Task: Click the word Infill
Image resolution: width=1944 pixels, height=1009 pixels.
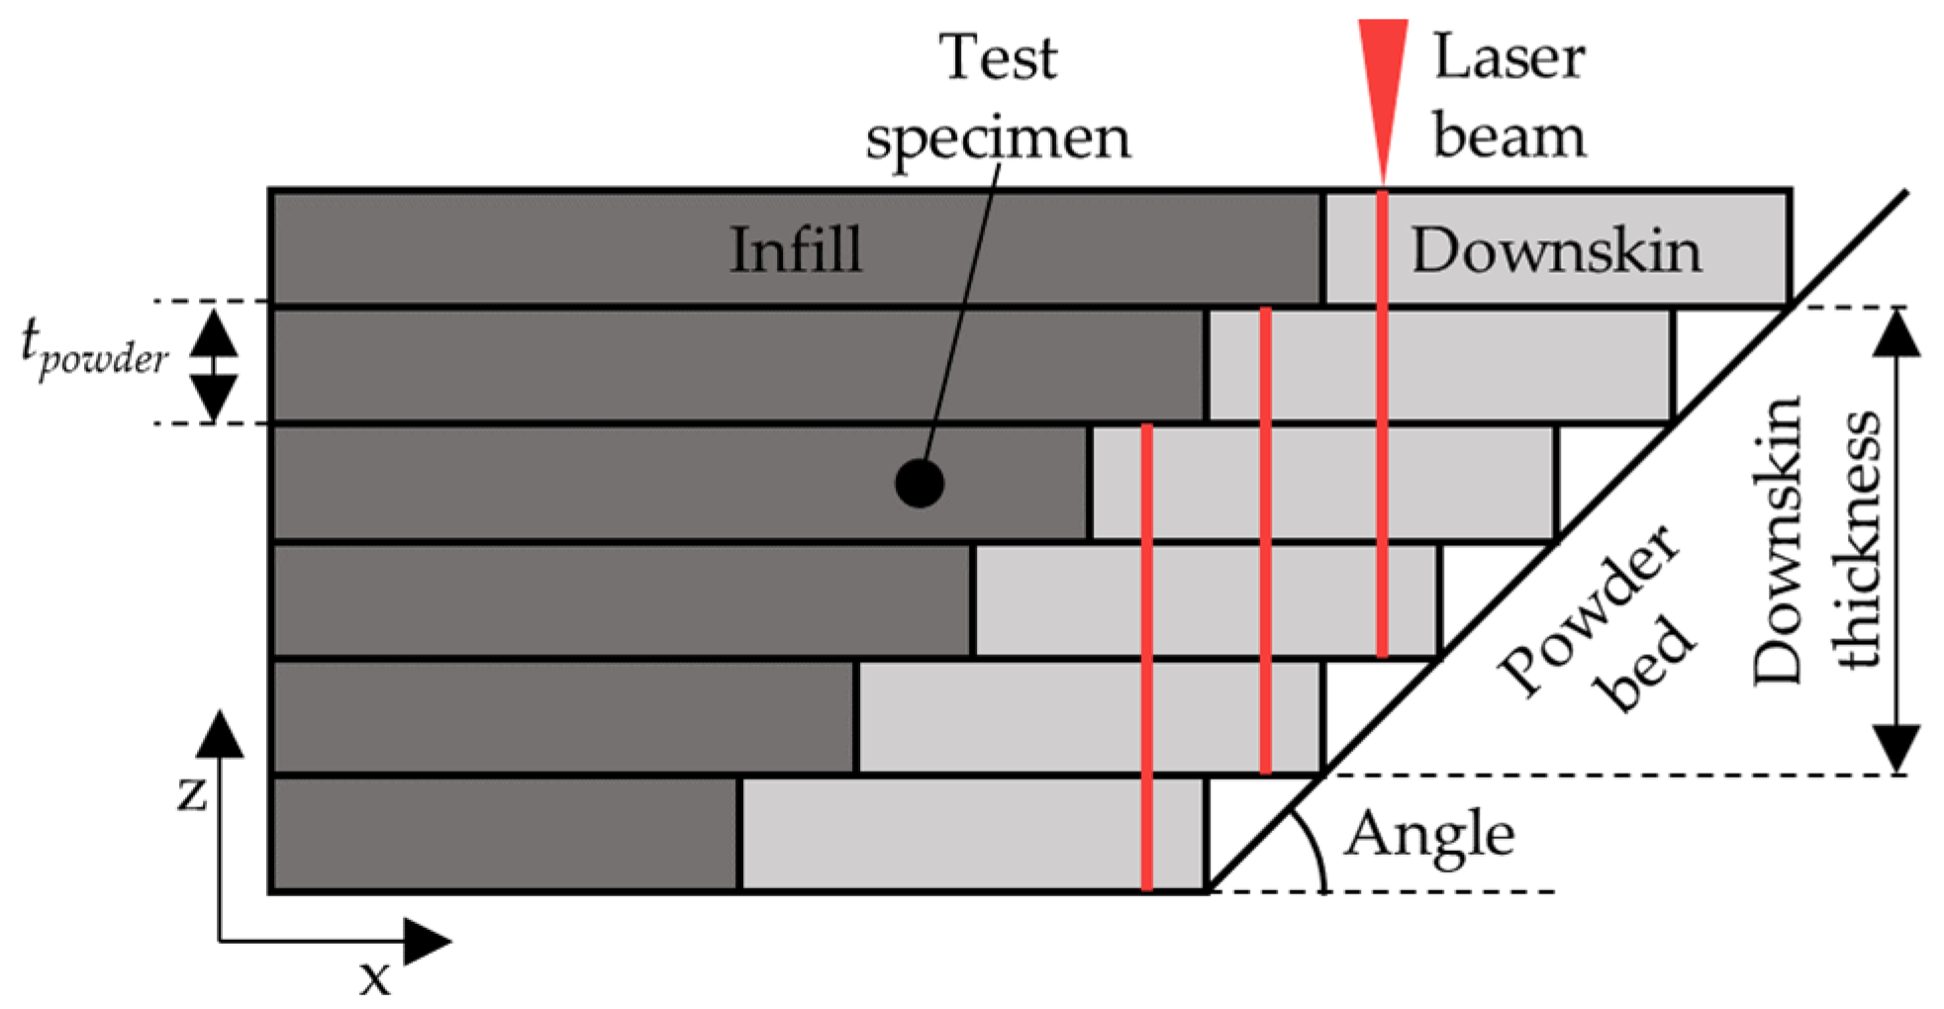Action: (x=796, y=249)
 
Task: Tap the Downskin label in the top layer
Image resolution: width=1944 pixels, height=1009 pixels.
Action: (x=1556, y=250)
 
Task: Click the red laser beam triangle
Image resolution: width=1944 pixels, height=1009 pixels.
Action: (x=1383, y=79)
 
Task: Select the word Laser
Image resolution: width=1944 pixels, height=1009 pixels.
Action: (x=1509, y=56)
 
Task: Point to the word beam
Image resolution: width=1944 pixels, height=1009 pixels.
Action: (x=1509, y=136)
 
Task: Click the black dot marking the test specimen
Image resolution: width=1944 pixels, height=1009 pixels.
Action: (x=920, y=484)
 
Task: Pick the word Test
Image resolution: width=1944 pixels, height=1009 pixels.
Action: (x=998, y=57)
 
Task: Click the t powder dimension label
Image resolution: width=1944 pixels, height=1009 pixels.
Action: (x=94, y=349)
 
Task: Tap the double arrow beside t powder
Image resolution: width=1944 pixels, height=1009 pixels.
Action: (x=214, y=364)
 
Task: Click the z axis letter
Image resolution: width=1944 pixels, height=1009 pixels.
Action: (x=192, y=791)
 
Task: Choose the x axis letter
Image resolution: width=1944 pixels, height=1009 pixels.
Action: (x=375, y=977)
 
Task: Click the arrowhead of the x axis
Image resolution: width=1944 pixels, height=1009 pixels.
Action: (x=428, y=941)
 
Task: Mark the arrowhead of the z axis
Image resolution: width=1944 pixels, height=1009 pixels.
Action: (x=220, y=734)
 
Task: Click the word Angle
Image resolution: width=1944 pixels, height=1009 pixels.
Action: (x=1429, y=834)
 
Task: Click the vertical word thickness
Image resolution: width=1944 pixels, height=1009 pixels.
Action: (x=1855, y=539)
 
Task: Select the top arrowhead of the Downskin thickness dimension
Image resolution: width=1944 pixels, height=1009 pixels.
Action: (x=1896, y=332)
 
